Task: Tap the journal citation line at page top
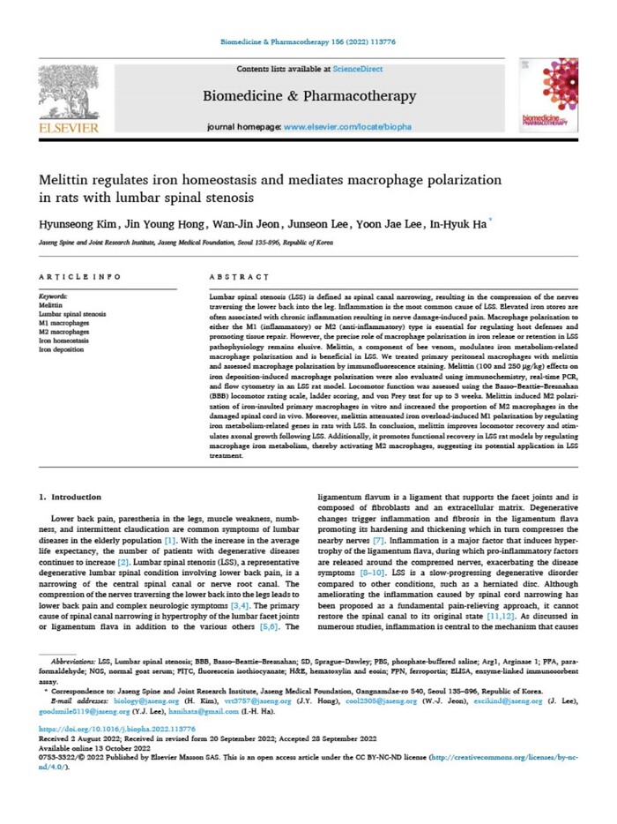coord(308,41)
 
